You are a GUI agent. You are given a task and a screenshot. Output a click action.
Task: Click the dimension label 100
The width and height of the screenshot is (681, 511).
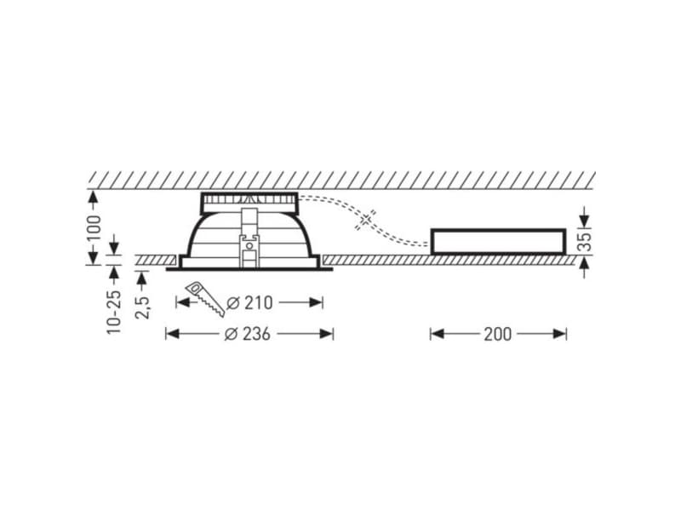(94, 228)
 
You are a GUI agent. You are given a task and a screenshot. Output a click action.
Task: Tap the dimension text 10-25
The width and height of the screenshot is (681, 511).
(114, 311)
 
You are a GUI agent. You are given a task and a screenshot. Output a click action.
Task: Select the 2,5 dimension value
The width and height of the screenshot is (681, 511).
(142, 307)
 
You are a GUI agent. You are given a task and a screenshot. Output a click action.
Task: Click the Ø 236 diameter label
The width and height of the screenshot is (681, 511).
(248, 334)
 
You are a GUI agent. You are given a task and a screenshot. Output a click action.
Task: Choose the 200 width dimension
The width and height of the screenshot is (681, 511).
(498, 334)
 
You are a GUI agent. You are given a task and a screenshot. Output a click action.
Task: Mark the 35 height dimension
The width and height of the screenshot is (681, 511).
(586, 242)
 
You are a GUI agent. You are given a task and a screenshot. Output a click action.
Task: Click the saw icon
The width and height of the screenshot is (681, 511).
(205, 298)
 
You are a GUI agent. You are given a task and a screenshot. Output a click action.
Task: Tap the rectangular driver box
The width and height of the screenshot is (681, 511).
(498, 241)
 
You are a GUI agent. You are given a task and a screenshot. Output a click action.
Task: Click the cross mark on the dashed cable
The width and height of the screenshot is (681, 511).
(366, 220)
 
